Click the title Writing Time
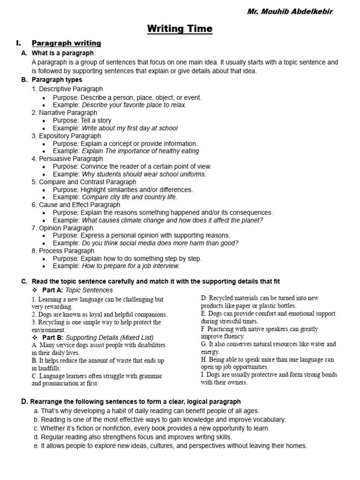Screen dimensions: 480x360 coord(180,29)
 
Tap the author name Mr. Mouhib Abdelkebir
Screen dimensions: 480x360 coord(290,11)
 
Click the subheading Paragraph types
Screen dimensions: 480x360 coord(57,80)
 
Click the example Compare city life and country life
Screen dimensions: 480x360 coord(129,197)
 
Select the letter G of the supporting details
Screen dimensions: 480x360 coord(204,344)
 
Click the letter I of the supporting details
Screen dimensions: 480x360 coord(202,375)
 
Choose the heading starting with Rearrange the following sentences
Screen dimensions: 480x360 coord(135,402)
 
